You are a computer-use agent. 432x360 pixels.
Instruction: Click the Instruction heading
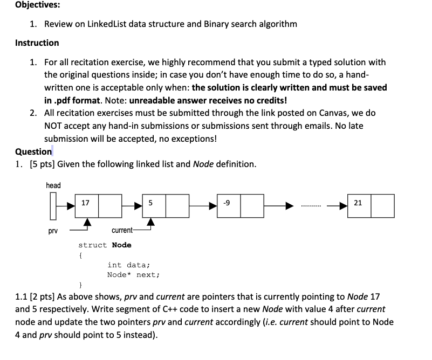pos(37,43)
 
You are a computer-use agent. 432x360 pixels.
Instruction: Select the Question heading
pos(33,151)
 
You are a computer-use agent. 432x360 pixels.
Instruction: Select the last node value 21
pos(358,203)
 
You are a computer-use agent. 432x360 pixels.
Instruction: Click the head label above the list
pos(53,185)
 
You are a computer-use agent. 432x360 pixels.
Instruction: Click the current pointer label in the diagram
pos(122,230)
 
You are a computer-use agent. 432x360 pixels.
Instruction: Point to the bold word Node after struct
pos(121,245)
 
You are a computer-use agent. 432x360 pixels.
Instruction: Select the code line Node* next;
pos(133,274)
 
